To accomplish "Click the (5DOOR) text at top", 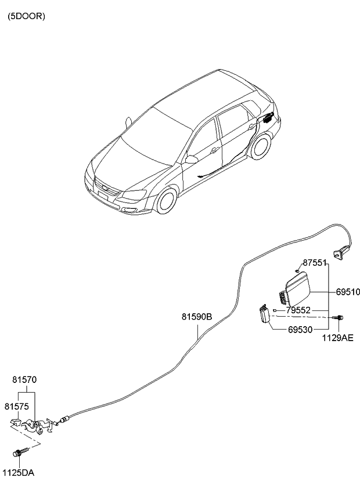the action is point(26,16).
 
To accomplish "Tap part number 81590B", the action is point(197,317).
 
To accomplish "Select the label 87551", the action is point(315,263).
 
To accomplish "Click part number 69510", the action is point(348,292).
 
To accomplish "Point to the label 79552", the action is point(298,310).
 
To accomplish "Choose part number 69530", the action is point(300,330).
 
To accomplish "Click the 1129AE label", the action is point(338,338).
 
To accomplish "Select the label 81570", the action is point(24,379).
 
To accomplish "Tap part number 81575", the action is point(17,406).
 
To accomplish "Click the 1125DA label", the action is point(18,473).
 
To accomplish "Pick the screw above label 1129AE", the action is point(338,317).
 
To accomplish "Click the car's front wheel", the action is point(167,201).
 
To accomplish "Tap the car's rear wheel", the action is point(260,146).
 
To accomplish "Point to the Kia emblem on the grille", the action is point(105,188).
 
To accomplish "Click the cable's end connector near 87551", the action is point(339,253).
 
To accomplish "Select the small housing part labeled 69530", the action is point(265,314).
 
